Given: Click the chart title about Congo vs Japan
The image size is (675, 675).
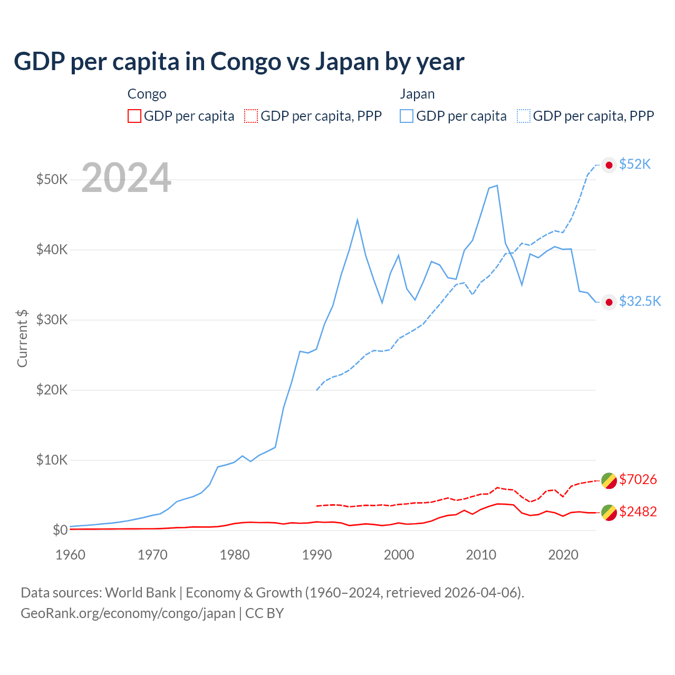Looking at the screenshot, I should (x=239, y=61).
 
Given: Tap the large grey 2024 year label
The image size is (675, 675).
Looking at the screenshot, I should (x=126, y=178).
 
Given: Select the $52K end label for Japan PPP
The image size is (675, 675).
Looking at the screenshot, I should (x=635, y=164).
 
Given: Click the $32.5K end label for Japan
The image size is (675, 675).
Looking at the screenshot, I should (x=640, y=301).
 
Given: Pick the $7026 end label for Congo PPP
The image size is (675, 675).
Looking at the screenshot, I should (x=638, y=479).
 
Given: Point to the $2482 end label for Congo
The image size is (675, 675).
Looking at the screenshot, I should (x=638, y=512).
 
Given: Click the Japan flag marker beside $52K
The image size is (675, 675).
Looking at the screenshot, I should (x=609, y=165).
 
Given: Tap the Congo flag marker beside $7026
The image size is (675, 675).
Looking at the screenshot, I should (x=609, y=480).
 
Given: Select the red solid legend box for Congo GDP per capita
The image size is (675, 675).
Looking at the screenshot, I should (x=134, y=116).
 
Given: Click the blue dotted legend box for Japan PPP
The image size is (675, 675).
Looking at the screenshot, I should (x=524, y=116).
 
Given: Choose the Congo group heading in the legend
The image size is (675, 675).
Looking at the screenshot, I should (x=147, y=94).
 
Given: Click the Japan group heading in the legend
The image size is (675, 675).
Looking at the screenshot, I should (x=417, y=94).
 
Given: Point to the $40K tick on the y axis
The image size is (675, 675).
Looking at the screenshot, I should (x=52, y=249).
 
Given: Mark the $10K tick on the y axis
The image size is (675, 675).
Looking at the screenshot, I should (x=52, y=460).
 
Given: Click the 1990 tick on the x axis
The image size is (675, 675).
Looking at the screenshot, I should (x=317, y=555).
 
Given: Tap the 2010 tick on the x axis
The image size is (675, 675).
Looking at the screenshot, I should (x=481, y=555).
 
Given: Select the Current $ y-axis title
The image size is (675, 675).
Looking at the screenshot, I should (x=22, y=338).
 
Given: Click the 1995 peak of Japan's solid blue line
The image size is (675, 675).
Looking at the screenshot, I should (x=358, y=219).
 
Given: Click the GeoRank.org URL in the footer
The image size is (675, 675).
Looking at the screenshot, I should (x=128, y=613).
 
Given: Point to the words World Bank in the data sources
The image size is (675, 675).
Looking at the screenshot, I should (x=140, y=593).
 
